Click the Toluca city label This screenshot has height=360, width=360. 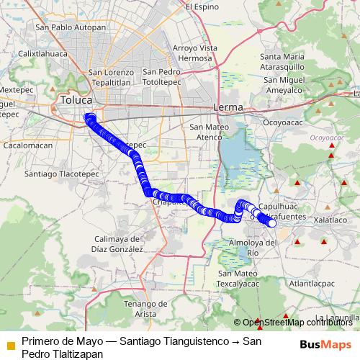click(x=77, y=100)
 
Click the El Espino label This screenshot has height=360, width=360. click(x=202, y=6)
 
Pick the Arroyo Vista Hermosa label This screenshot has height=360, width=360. click(x=194, y=53)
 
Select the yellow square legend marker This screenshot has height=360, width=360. click(x=10, y=346)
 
